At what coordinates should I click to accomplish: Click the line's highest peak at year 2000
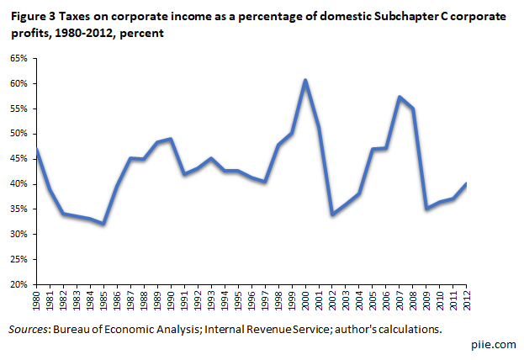(304, 81)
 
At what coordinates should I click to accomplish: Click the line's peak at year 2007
(399, 98)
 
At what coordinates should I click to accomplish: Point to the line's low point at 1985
(103, 224)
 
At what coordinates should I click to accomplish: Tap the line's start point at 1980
(37, 150)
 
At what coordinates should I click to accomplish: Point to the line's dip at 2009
(426, 208)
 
